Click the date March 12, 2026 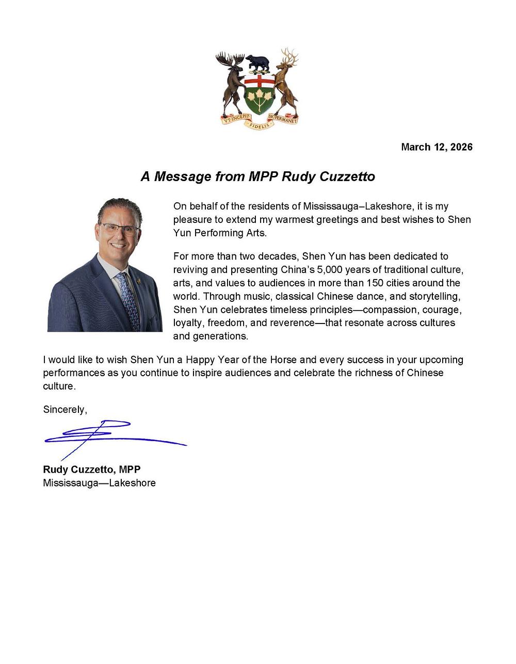[437, 147]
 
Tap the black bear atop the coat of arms [257, 63]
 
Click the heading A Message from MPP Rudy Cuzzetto [257, 176]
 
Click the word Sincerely [65, 410]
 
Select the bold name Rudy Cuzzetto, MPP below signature [92, 470]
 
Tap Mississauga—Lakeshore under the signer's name [99, 483]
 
